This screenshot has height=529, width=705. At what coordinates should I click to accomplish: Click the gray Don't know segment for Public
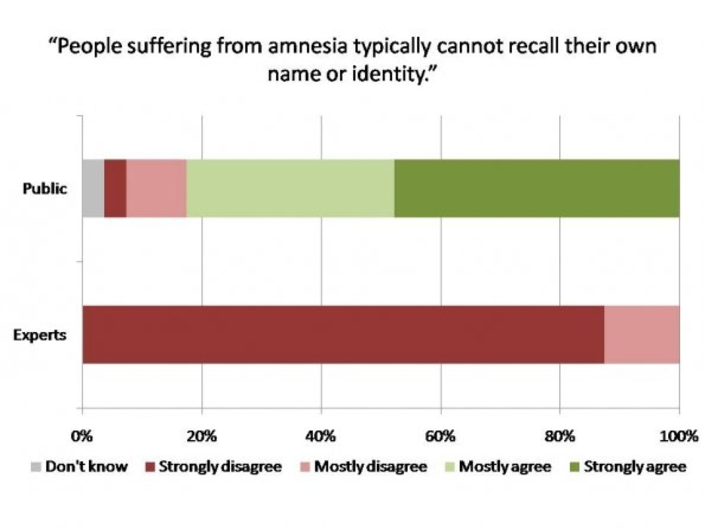93,188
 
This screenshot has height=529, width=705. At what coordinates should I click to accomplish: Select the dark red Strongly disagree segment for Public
115,188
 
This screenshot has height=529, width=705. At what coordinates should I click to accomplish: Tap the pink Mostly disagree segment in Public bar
156,188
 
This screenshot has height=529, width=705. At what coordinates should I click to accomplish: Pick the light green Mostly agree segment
290,188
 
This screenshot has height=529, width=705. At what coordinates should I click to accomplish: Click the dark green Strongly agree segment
537,188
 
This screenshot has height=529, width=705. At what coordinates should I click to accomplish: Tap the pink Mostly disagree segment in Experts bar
642,334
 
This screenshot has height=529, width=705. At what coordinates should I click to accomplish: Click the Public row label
45,189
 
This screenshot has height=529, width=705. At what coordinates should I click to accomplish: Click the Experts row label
40,335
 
